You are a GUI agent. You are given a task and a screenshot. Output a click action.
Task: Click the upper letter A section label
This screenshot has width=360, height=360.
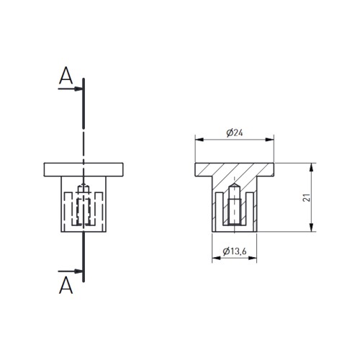point(66,76)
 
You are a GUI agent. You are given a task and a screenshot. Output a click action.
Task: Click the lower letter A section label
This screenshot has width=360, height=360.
point(66,285)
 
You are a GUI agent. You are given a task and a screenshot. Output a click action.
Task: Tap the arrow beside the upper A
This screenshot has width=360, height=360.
point(71,89)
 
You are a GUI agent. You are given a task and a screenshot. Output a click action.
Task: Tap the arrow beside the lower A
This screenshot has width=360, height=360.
point(71,271)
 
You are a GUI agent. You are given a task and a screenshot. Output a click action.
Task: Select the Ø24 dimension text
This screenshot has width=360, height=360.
point(235,132)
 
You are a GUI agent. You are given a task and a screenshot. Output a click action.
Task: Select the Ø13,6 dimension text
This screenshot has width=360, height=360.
point(235,251)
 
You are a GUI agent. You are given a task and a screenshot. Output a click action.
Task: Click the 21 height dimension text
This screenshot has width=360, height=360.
point(307,197)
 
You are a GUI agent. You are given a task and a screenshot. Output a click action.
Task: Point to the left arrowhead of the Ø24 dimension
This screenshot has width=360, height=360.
point(199,140)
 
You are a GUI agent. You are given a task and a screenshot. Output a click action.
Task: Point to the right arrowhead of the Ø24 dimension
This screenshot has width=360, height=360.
point(269,140)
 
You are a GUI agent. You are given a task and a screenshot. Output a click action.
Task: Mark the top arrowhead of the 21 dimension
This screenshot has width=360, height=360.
point(311,168)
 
